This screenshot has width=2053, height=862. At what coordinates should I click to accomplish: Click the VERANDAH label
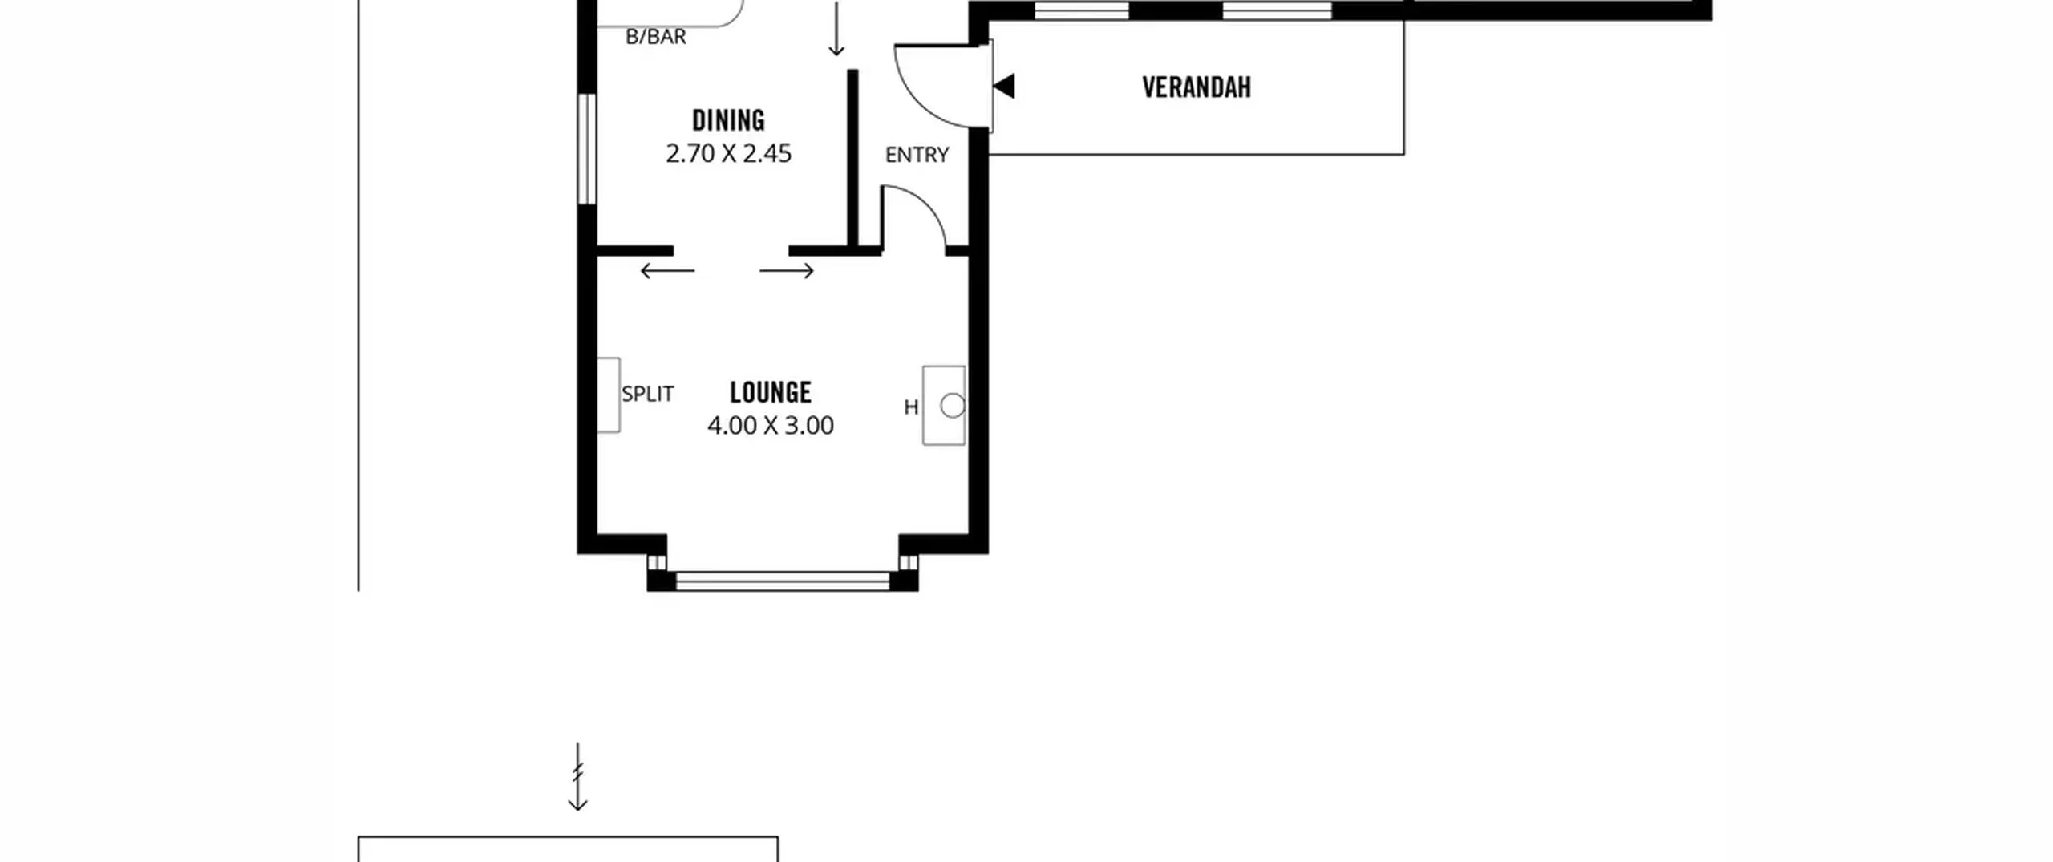(1197, 87)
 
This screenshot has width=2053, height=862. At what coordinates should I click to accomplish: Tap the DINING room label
(728, 120)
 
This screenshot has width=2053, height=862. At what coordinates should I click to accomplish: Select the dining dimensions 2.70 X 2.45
(728, 153)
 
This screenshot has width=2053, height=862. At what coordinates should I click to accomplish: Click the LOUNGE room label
(771, 392)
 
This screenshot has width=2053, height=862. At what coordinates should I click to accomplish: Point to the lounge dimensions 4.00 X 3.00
(771, 425)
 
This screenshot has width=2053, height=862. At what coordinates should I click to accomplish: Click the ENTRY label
(917, 155)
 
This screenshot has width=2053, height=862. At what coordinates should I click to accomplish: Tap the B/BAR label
(656, 37)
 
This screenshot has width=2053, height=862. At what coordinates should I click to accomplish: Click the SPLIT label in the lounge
(648, 394)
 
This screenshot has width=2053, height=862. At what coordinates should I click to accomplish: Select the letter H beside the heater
(911, 407)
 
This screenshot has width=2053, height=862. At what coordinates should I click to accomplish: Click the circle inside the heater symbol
(953, 406)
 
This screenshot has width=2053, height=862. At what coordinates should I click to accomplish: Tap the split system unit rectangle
(609, 395)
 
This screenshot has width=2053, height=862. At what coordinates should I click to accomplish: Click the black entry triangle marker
(1005, 86)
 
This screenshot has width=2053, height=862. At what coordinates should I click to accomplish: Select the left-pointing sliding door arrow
(667, 271)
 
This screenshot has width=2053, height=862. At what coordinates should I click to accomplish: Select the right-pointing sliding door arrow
(787, 271)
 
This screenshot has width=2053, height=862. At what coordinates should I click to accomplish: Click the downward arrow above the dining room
(836, 29)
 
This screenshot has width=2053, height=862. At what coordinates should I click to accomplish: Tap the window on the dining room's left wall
(587, 148)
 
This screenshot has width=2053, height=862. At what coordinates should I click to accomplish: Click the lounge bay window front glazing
(783, 581)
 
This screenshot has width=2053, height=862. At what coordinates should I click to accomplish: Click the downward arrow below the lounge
(577, 776)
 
